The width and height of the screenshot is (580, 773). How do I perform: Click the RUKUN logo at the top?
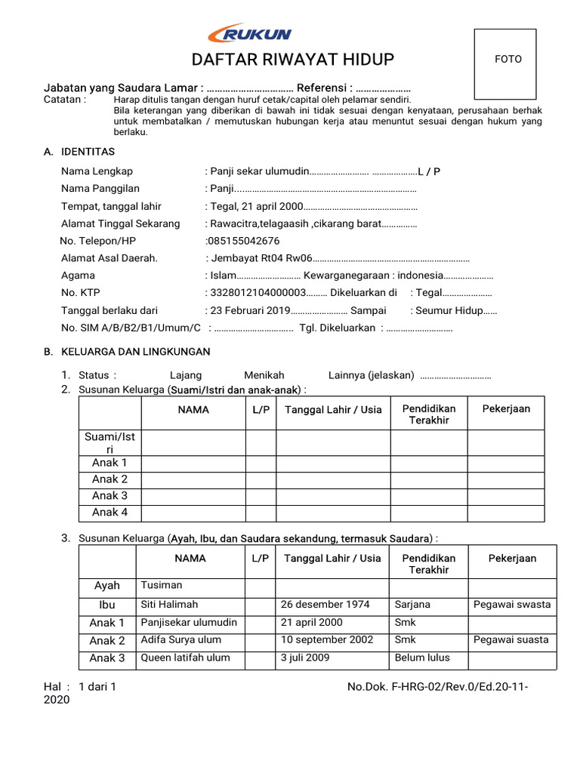(x=249, y=34)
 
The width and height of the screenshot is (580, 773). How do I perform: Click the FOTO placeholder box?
(x=505, y=64)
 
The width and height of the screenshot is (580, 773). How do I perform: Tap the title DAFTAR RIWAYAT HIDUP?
(x=282, y=60)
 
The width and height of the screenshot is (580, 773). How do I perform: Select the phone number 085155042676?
(x=242, y=241)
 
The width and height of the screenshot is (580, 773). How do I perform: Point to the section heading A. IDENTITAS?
(x=79, y=152)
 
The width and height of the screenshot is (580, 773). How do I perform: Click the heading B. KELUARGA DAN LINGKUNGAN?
(x=127, y=352)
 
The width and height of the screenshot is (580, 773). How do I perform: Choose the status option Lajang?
(x=186, y=375)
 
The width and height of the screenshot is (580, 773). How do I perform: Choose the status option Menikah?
(x=264, y=375)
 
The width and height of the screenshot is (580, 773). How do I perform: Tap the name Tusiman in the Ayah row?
(x=162, y=585)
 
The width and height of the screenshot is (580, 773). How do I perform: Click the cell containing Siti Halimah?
(x=169, y=605)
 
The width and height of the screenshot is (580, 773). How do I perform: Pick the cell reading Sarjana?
(x=412, y=605)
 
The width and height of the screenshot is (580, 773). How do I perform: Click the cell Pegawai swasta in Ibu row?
(x=512, y=605)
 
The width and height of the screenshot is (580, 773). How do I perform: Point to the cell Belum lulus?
(x=422, y=658)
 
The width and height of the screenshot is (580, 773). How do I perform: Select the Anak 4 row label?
(x=110, y=513)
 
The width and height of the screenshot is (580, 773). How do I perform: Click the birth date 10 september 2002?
(x=327, y=639)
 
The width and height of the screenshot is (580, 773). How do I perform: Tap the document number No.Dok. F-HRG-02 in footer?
(x=437, y=687)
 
